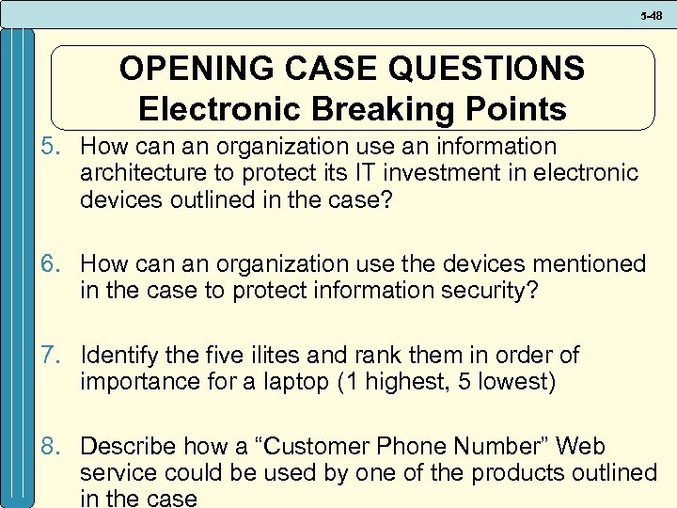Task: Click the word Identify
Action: pyautogui.click(x=117, y=356)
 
